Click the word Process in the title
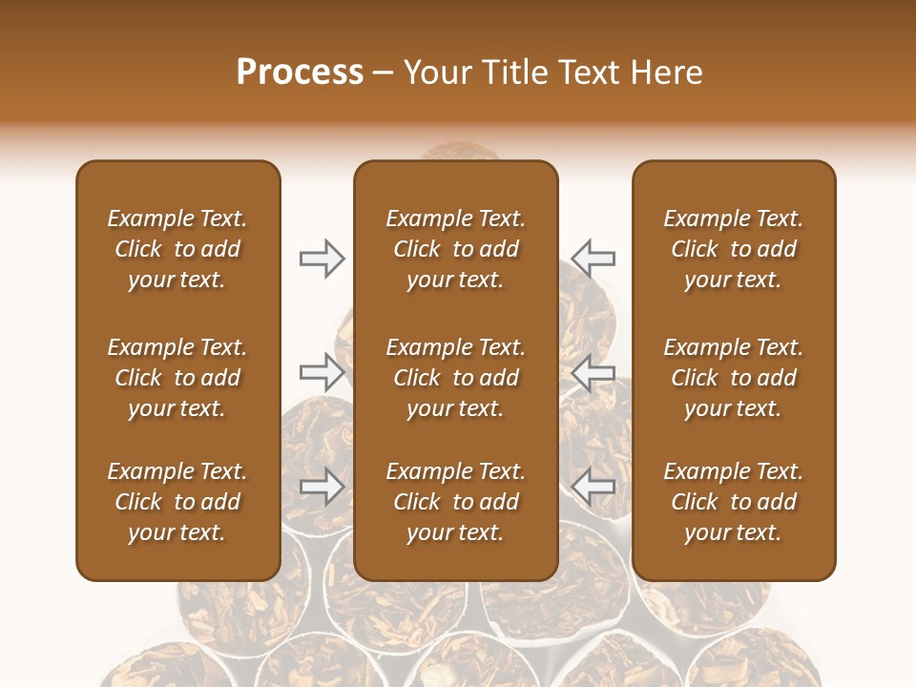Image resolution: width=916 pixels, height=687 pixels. [300, 72]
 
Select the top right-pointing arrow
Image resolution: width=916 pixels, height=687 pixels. [322, 258]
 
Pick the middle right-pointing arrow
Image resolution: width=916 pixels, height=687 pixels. [322, 371]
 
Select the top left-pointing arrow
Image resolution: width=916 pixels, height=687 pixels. [593, 258]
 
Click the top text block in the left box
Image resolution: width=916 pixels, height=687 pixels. [177, 249]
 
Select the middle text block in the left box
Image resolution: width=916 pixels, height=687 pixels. [177, 378]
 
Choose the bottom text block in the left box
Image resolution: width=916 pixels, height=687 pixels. [177, 502]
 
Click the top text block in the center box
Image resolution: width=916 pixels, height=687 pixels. [456, 249]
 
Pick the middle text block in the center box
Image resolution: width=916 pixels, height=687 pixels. [456, 378]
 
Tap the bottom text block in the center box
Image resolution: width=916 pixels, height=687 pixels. [456, 502]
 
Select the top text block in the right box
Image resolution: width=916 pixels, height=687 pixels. [734, 249]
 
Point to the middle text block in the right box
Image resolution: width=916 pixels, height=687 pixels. [734, 378]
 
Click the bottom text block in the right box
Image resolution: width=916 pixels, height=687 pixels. [734, 502]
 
